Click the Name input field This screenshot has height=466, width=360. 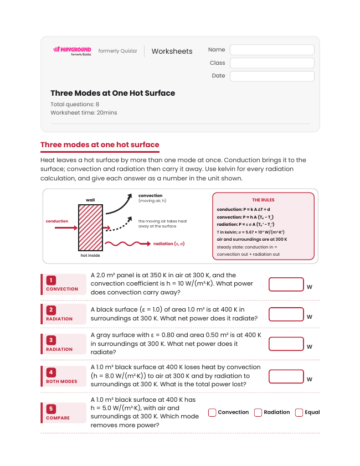[x=272, y=50]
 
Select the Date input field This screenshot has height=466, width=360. [x=272, y=76]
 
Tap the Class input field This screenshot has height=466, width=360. [x=272, y=63]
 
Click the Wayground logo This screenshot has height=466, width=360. [x=72, y=51]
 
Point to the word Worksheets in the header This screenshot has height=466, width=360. [x=172, y=51]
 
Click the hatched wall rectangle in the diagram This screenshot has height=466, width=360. [x=90, y=227]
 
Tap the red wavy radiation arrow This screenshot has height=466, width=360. [x=127, y=244]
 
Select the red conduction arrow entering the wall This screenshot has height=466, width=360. [x=66, y=228]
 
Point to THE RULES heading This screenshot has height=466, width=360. [x=263, y=200]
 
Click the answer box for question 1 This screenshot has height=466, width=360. [x=286, y=284]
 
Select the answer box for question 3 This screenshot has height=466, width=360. [x=286, y=344]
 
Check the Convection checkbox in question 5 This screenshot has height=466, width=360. [x=212, y=412]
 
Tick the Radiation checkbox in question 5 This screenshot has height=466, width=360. [x=258, y=412]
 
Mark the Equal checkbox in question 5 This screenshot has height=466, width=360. [x=299, y=412]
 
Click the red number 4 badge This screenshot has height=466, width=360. [x=51, y=372]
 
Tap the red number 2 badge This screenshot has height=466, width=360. [x=51, y=310]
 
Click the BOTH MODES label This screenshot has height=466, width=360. [x=61, y=381]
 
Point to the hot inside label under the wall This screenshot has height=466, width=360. [x=90, y=255]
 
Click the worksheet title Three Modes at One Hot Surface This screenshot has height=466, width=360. [x=113, y=93]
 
